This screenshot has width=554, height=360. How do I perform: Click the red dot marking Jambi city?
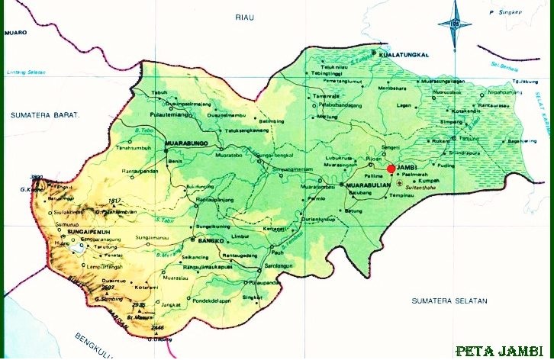(391, 169)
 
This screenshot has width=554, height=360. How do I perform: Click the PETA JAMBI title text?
(500, 351)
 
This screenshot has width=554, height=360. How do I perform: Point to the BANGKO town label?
(208, 241)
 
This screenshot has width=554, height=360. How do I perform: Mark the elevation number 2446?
(158, 327)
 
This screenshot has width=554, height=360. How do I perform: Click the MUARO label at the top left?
(16, 33)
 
